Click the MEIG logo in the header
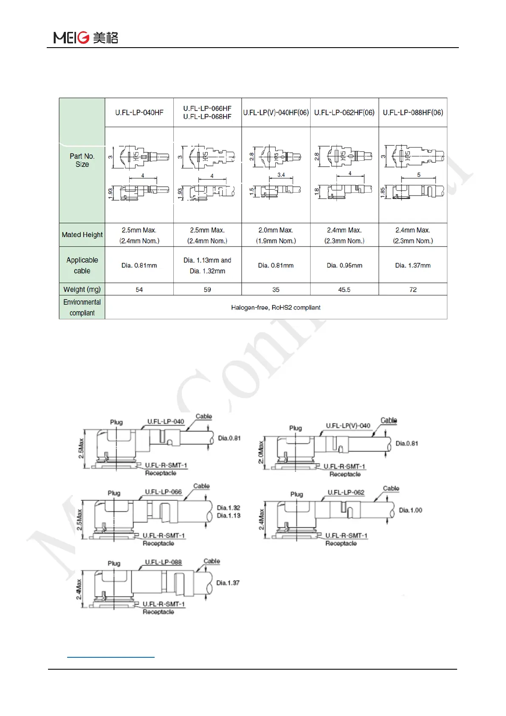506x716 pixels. point(85,37)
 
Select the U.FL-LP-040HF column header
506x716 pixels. point(139,113)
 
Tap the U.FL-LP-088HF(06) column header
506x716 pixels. point(413,113)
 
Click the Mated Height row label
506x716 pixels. point(82,235)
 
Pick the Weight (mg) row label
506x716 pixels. point(82,290)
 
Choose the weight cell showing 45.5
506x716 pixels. point(344,290)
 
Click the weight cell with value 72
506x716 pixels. point(413,290)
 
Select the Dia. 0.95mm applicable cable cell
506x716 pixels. point(344,265)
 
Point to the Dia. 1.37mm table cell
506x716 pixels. point(413,265)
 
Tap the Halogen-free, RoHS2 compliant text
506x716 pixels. point(276,307)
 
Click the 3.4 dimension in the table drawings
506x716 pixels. point(281,175)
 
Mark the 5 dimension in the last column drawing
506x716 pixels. point(418,175)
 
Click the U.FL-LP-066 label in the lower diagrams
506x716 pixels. point(163,492)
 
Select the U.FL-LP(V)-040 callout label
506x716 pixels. point(348,426)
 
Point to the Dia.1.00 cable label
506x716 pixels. point(410,510)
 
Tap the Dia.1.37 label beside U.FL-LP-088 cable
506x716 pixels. point(228,583)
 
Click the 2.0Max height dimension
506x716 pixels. point(261,452)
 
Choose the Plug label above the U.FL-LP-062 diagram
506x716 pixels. point(297,494)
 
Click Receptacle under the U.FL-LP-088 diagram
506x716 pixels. point(158,612)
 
